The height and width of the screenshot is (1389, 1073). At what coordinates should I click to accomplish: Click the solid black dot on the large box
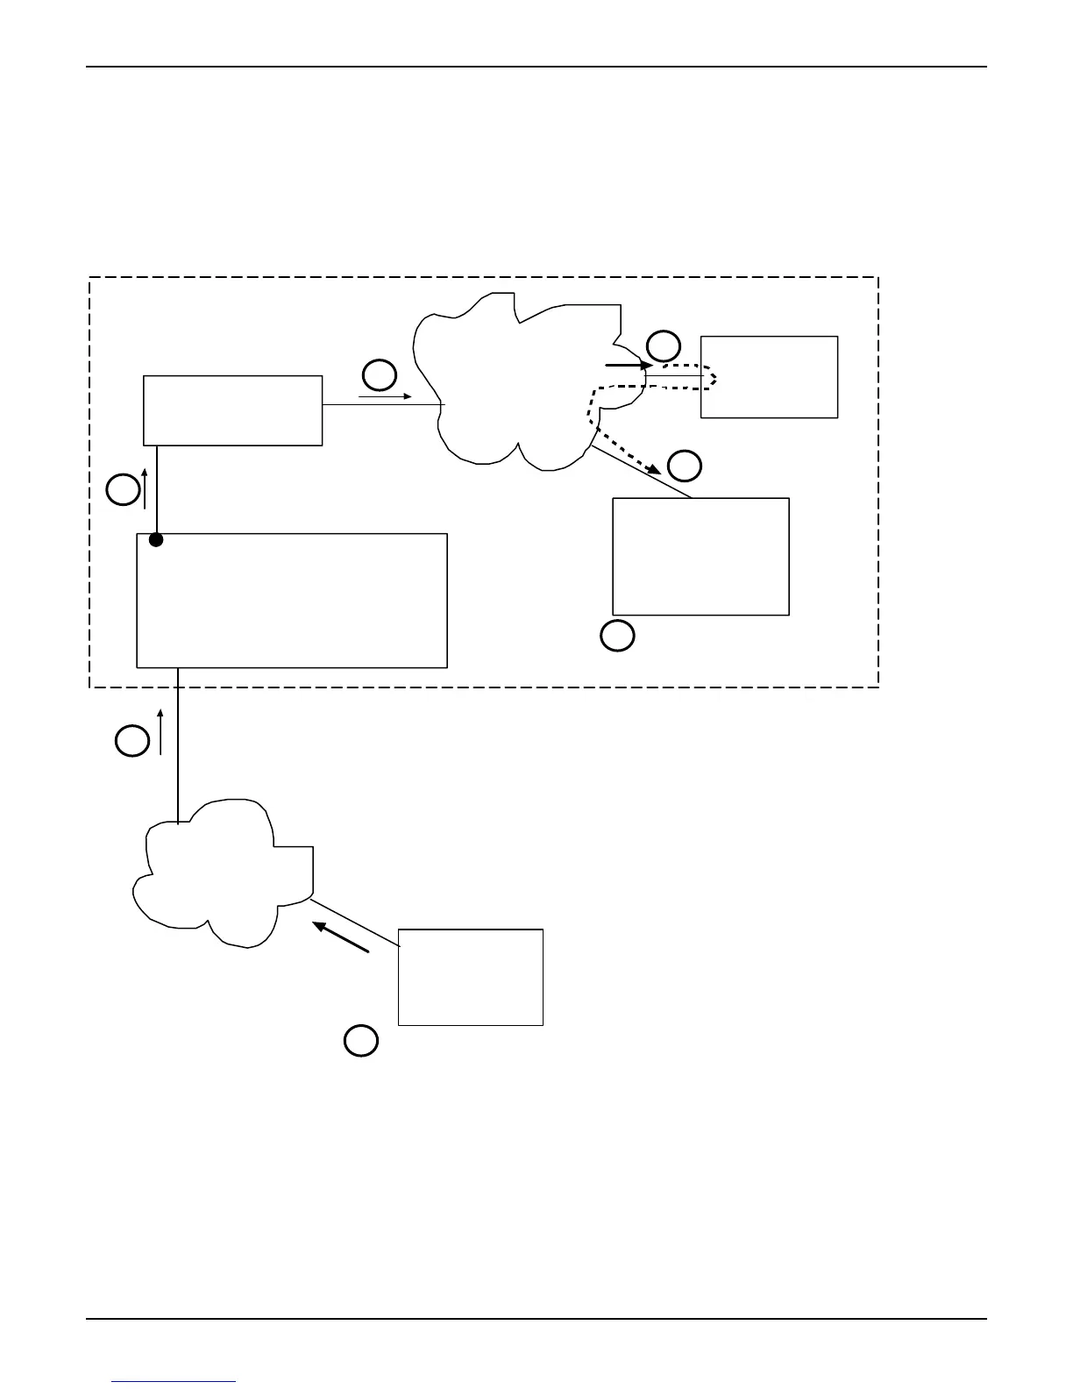(156, 540)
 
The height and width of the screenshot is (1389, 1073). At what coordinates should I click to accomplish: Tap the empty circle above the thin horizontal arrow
(380, 375)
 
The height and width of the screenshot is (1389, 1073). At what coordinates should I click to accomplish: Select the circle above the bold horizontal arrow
(663, 345)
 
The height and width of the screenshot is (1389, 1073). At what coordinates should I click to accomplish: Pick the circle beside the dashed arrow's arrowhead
(685, 466)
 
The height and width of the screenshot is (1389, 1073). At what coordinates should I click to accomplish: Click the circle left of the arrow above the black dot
(124, 489)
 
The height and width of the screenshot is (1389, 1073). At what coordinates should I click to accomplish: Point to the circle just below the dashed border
(132, 741)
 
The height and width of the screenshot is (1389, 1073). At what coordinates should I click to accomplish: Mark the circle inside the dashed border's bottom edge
(617, 636)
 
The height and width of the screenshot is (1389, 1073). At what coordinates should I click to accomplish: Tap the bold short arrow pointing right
(629, 364)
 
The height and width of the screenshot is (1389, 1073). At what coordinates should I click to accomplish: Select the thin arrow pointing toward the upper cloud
(385, 397)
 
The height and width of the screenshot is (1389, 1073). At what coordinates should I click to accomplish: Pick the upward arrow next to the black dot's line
(144, 488)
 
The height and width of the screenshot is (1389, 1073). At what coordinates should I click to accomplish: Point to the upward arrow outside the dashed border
(160, 731)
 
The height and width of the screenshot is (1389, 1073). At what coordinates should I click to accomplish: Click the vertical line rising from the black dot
(156, 491)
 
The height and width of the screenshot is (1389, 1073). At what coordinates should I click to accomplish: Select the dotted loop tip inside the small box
(714, 378)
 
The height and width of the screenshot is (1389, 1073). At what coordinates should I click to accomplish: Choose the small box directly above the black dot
(232, 410)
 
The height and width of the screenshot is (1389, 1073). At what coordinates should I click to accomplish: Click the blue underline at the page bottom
(174, 1382)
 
